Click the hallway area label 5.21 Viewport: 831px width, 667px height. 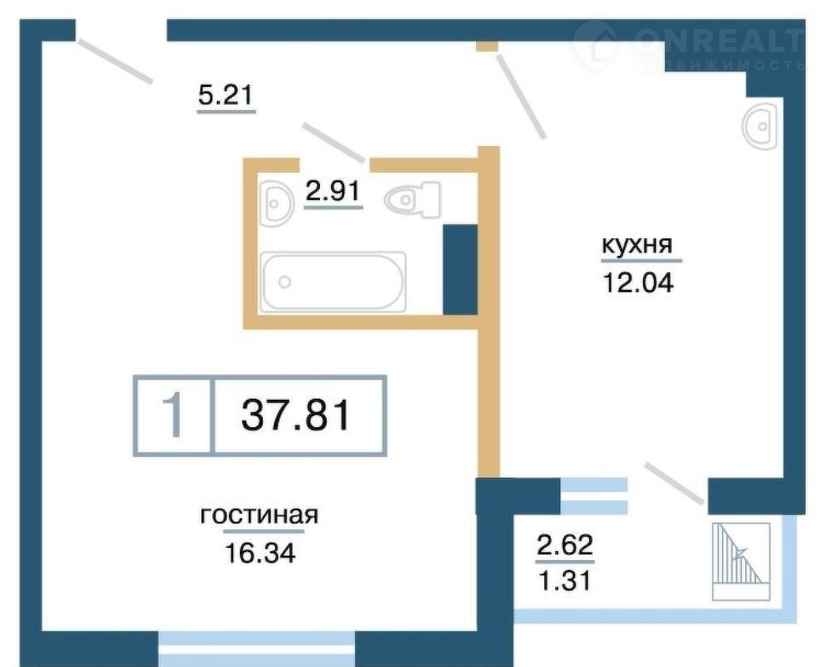[226, 95]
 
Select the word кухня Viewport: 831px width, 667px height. [637, 245]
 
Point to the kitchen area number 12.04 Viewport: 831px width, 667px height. [638, 283]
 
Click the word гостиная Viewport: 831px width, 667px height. [259, 515]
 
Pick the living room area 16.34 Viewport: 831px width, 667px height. [261, 554]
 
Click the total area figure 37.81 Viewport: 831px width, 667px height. [296, 415]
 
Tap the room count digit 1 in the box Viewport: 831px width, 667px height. [173, 416]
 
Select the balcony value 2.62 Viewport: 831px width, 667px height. [565, 545]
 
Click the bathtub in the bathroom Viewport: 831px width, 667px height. [334, 281]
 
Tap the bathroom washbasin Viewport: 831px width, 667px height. [277, 204]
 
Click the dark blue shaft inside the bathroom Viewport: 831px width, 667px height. [460, 270]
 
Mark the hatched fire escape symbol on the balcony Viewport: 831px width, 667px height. [741, 562]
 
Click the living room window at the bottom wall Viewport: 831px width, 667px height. [256, 649]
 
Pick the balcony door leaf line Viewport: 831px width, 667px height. [675, 483]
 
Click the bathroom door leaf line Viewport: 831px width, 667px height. [333, 141]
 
